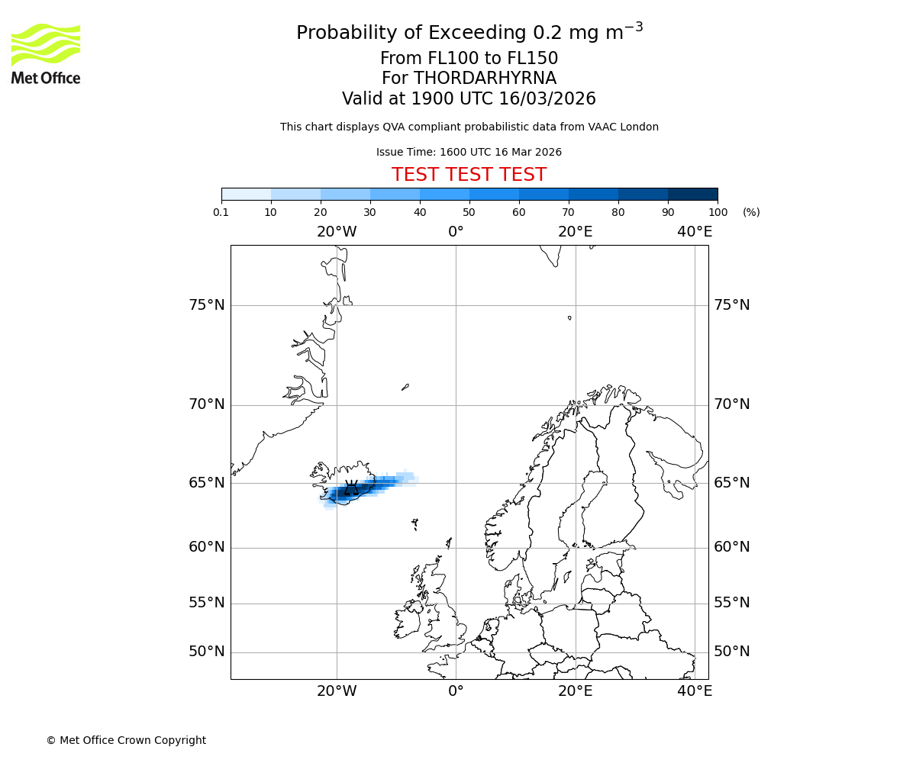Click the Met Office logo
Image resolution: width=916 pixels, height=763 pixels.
(46, 53)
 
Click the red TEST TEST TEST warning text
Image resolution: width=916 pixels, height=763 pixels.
(469, 175)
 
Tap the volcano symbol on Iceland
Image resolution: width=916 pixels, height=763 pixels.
(351, 488)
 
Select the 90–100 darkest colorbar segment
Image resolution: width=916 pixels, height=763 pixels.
(692, 194)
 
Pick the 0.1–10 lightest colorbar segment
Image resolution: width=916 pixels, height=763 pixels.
(247, 194)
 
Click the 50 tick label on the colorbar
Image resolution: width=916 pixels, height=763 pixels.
(469, 212)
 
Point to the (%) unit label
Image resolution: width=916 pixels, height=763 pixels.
(751, 212)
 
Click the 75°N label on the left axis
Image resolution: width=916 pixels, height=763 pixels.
(207, 305)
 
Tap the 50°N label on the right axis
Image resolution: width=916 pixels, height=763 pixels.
(731, 652)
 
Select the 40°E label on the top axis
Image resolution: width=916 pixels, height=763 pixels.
(695, 232)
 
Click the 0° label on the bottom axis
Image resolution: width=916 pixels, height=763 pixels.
(456, 691)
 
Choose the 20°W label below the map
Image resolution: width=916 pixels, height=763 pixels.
(337, 691)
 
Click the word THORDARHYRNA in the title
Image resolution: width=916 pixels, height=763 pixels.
(485, 79)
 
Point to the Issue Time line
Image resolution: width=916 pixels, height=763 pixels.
(469, 153)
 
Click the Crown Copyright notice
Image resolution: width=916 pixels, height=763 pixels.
(126, 740)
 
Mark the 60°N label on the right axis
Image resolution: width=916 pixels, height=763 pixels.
(731, 547)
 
